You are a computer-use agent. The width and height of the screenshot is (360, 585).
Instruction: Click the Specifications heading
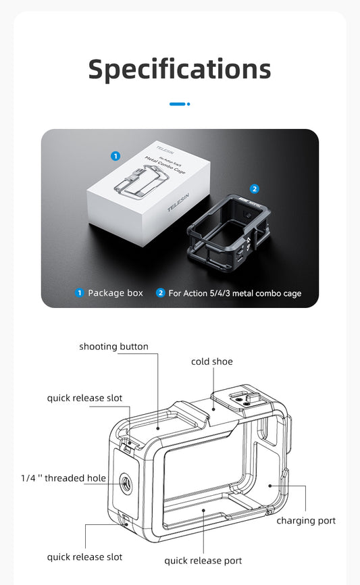(180, 69)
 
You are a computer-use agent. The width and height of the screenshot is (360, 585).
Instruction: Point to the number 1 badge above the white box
(115, 156)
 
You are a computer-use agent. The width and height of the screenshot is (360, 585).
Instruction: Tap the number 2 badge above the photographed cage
(255, 189)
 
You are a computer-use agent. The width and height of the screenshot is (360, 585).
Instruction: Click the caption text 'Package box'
(115, 293)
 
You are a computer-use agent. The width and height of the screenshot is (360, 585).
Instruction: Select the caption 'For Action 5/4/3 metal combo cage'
(234, 293)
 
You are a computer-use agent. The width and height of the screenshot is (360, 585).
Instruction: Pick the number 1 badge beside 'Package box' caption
(79, 293)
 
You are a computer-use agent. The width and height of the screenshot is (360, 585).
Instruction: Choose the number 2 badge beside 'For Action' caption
(160, 293)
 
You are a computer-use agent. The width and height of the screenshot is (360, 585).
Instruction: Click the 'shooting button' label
(113, 347)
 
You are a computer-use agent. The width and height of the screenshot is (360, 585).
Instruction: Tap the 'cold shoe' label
(211, 361)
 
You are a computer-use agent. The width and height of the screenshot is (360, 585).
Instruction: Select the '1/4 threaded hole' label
(63, 478)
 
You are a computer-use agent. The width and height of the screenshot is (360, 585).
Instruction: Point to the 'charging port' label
(306, 520)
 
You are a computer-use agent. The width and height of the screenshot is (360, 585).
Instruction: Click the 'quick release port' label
(203, 561)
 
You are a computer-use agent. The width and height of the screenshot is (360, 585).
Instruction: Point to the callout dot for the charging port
(269, 485)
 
